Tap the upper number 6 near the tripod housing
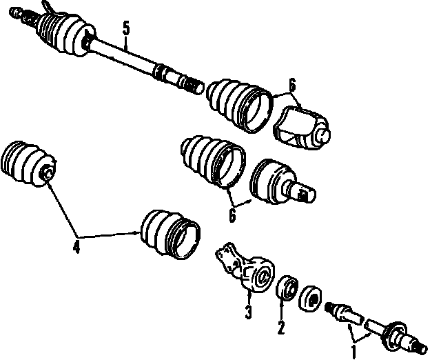[x=292, y=86]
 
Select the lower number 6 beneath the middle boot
[x=232, y=215]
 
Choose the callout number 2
[x=281, y=328]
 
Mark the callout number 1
[x=353, y=352]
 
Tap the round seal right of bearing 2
[x=310, y=299]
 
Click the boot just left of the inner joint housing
[x=240, y=106]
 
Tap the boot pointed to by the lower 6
[x=213, y=162]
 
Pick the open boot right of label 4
[x=170, y=234]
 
